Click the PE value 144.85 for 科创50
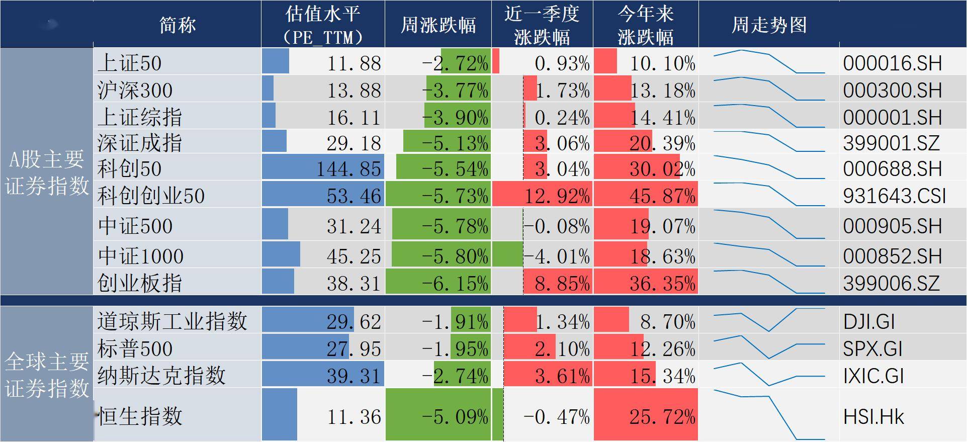[x=348, y=169]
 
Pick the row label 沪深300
[x=135, y=91]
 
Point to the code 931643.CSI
[x=895, y=196]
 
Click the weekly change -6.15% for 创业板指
[x=455, y=283]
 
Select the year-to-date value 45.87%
[x=662, y=196]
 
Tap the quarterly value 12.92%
[x=557, y=196]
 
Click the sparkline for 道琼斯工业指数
[x=769, y=320]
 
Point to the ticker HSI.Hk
[x=873, y=417]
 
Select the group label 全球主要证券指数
[x=47, y=375]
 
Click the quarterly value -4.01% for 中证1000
[x=557, y=256]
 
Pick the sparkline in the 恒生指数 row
[x=769, y=415]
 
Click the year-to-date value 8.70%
[x=667, y=321]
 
